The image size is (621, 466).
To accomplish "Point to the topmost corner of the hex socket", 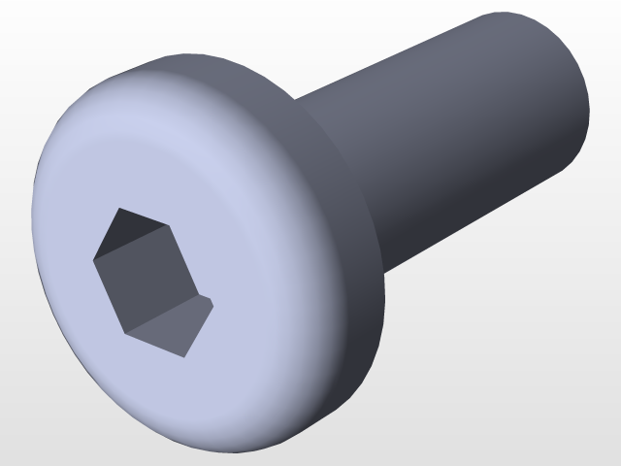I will click(x=118, y=208).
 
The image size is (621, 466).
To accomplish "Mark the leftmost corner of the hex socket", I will click(x=93, y=258).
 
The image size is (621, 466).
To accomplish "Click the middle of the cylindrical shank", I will click(x=456, y=136).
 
